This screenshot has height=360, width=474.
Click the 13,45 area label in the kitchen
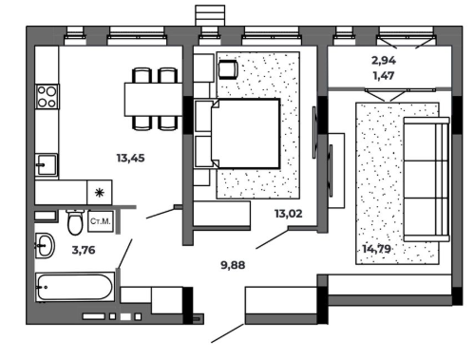[x=130, y=158]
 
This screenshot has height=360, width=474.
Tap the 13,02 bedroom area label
[x=289, y=214]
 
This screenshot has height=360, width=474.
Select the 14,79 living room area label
[x=376, y=249]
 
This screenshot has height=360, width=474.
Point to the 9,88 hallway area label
[x=233, y=265]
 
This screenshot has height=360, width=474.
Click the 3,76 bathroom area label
[x=84, y=250]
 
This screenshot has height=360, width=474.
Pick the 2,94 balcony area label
[x=384, y=60]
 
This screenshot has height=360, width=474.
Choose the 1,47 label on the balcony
[x=384, y=76]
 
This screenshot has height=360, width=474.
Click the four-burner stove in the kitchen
[x=47, y=97]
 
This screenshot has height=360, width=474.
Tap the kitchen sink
[x=47, y=164]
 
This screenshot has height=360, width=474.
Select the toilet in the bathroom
[x=75, y=222]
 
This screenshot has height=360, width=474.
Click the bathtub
[x=75, y=287]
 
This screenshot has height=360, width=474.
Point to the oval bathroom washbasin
[x=45, y=245]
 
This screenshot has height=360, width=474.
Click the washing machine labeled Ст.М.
[x=101, y=221]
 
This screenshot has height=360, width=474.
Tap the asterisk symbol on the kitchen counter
[x=100, y=193]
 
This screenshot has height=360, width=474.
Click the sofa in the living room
[x=427, y=180]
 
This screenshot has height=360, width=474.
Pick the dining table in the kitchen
[x=154, y=100]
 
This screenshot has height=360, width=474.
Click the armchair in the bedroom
[x=228, y=69]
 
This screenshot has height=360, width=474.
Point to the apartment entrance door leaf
[x=228, y=333]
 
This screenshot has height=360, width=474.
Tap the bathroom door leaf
[x=124, y=254]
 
